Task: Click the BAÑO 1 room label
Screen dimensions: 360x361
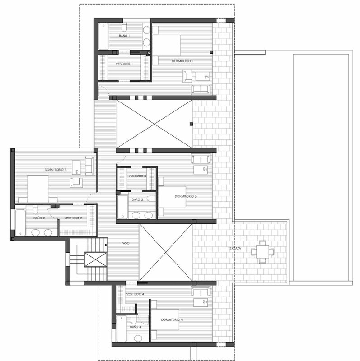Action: point(124,36)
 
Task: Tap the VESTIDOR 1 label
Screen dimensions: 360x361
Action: point(124,64)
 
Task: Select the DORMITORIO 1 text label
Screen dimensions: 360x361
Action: point(183,61)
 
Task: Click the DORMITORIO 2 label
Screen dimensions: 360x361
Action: point(56,170)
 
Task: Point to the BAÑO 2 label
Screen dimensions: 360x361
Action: point(39,218)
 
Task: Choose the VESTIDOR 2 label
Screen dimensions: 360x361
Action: point(73,218)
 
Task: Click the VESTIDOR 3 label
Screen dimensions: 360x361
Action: point(137,176)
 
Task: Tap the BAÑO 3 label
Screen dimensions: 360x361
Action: point(137,199)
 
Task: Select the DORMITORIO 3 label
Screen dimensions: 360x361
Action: point(186,196)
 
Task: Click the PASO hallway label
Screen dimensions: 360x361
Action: point(126,243)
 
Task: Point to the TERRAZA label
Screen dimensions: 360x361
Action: point(234,249)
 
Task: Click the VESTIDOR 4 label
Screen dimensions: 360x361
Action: point(136,294)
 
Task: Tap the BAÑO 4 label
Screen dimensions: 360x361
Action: point(136,327)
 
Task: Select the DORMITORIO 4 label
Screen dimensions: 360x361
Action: point(172,320)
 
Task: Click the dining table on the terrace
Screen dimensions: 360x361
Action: point(263,252)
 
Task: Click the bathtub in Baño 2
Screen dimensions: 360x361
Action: point(20,222)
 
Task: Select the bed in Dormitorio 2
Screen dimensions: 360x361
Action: point(38,189)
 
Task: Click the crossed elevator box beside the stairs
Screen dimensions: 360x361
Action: point(96,259)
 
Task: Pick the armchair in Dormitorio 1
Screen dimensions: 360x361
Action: point(187,76)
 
